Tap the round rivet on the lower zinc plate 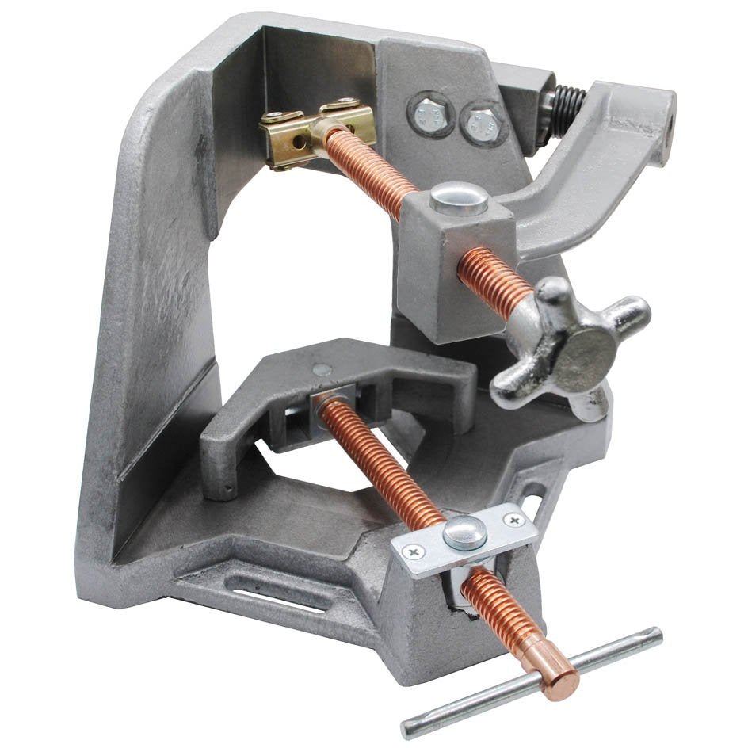point(464,532)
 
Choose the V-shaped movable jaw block point(333,396)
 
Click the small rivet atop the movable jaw point(320,369)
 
